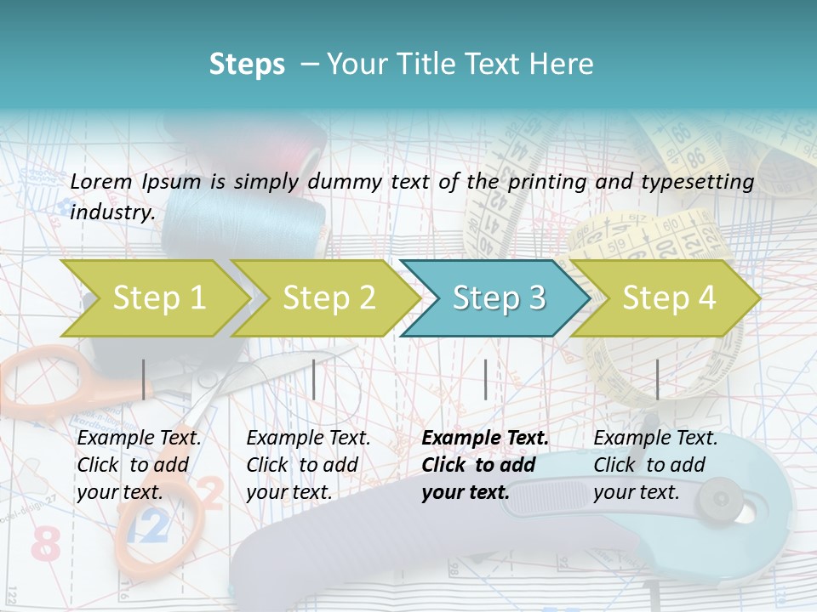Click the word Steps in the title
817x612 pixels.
pyautogui.click(x=247, y=64)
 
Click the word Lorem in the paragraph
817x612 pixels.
pyautogui.click(x=101, y=181)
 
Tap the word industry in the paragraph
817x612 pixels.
pyautogui.click(x=111, y=212)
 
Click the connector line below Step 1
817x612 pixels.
pyautogui.click(x=143, y=379)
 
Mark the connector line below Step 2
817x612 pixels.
pyautogui.click(x=314, y=379)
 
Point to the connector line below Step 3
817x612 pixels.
pyautogui.click(x=485, y=379)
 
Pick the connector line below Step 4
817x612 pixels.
pyautogui.click(x=657, y=379)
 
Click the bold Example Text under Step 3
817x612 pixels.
pyautogui.click(x=485, y=439)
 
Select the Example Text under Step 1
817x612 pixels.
pyautogui.click(x=139, y=439)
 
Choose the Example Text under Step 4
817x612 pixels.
pyautogui.click(x=655, y=439)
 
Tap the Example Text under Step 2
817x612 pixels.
pyautogui.click(x=308, y=439)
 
